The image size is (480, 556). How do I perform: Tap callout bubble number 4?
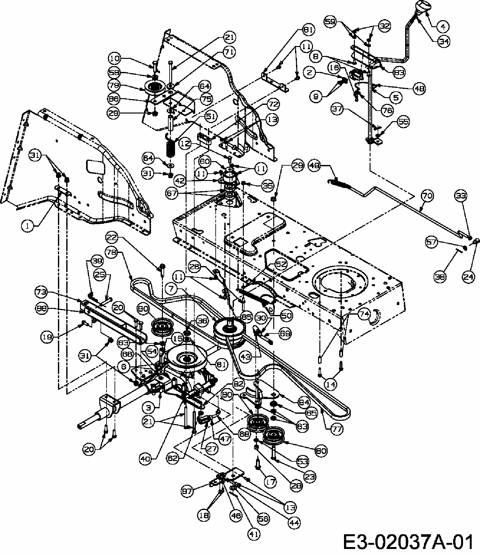point(443,27)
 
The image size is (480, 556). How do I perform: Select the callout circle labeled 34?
point(444,41)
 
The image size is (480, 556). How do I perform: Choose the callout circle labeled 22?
point(112,238)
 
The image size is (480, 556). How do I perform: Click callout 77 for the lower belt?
point(337,429)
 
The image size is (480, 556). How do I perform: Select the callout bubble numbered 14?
point(330,384)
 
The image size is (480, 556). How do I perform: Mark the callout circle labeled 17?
point(271,482)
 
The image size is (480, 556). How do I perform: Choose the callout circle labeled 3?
point(148,407)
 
